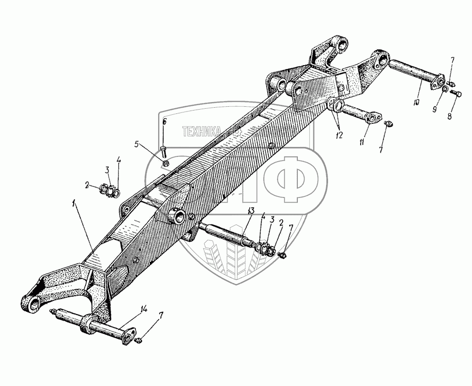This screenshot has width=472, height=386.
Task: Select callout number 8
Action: pos(449,115)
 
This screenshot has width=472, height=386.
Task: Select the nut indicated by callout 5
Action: pos(167,163)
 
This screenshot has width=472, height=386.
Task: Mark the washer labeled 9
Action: pos(445,89)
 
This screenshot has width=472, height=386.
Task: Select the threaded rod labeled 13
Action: pos(227,234)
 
